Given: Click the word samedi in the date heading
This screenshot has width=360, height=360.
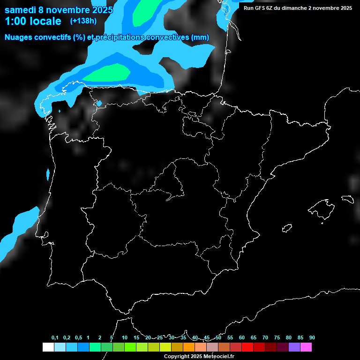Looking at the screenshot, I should pyautogui.click(x=21, y=10).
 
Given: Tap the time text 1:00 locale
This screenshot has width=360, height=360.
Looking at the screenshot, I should pyautogui.click(x=33, y=21).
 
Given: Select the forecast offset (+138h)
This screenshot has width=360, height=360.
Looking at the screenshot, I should pyautogui.click(x=83, y=21).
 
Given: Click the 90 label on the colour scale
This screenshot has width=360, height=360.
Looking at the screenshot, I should pyautogui.click(x=312, y=338).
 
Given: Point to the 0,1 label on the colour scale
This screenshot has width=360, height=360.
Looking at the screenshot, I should pyautogui.click(x=55, y=338).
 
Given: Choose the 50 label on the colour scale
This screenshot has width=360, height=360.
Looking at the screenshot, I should pyautogui.click(x=218, y=338).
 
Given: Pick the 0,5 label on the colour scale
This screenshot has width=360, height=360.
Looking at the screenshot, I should pyautogui.click(x=78, y=338).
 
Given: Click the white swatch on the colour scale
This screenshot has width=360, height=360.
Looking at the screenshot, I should pyautogui.click(x=48, y=347).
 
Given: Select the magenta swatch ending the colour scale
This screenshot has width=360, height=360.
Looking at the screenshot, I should pyautogui.click(x=306, y=347).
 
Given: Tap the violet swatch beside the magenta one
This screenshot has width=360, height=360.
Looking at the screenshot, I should pyautogui.click(x=294, y=347).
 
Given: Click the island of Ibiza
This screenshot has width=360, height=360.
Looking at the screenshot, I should pyautogui.click(x=287, y=228).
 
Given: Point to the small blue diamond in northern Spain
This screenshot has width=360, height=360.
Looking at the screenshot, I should pyautogui.click(x=99, y=103).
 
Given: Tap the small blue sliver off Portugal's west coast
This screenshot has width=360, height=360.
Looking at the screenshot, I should pyautogui.click(x=48, y=174).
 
